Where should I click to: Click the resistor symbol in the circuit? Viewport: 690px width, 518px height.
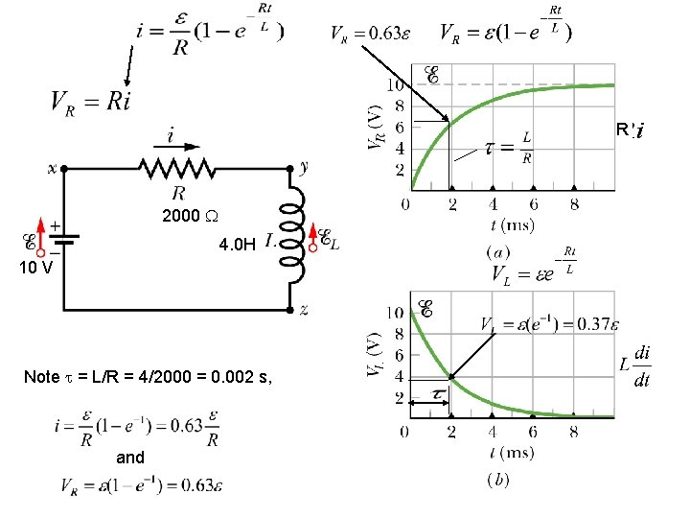tap(177, 169)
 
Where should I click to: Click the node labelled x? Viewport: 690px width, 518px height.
tap(63, 169)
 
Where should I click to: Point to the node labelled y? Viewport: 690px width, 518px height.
tap(290, 169)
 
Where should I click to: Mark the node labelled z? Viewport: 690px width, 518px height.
tap(290, 310)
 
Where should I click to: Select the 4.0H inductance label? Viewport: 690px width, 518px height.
tap(237, 245)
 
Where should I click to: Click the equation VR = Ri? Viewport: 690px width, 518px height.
tap(90, 101)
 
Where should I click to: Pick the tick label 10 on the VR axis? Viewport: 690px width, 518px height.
tap(394, 84)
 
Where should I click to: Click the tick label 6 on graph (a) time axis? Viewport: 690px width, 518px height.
tap(533, 204)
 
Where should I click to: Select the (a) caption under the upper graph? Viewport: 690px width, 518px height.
tap(498, 250)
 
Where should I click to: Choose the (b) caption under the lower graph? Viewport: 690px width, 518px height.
tap(498, 478)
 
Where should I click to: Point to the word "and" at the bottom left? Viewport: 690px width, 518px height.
tap(130, 458)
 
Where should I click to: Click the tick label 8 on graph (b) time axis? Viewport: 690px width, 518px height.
tap(573, 432)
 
